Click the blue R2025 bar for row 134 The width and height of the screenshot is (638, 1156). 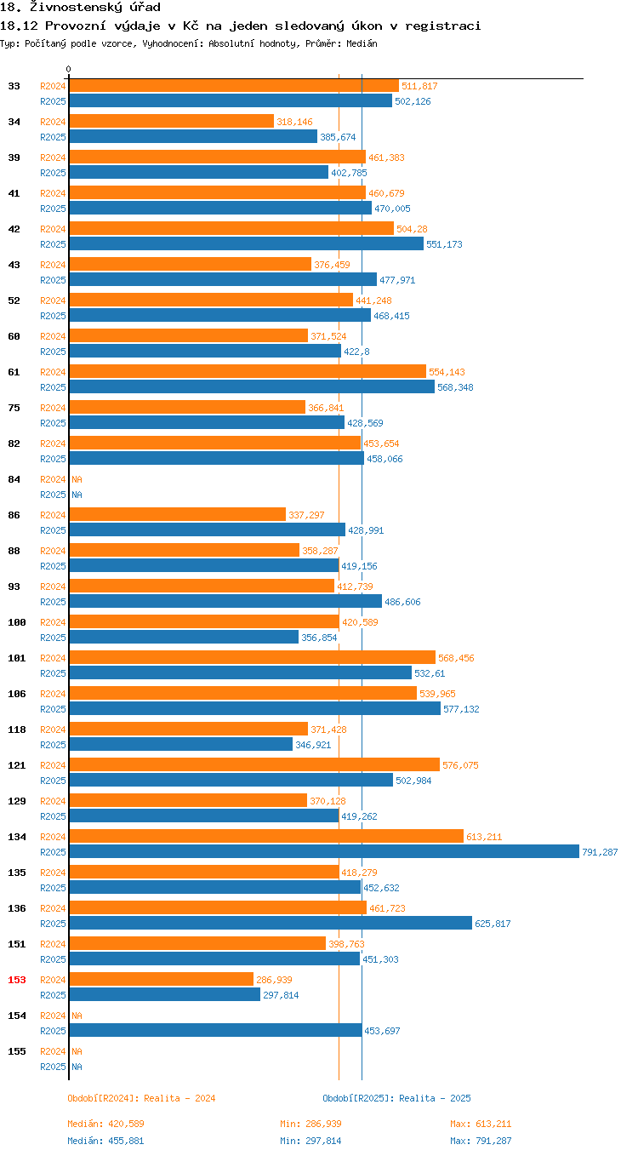point(323,851)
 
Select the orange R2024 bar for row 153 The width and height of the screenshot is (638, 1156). point(161,979)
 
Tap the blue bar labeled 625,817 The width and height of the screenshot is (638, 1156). point(270,923)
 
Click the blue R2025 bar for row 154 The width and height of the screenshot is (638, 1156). point(214,1030)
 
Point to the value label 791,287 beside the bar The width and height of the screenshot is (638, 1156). point(600,852)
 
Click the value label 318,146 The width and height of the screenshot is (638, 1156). point(294,122)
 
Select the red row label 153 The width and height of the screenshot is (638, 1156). point(17,980)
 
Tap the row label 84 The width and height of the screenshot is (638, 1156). point(14,479)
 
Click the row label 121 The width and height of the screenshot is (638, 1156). point(17,765)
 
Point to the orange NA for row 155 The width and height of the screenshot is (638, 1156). point(77,1051)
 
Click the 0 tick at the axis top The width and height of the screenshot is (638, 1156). point(69,69)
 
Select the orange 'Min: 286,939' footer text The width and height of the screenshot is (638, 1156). point(310,1124)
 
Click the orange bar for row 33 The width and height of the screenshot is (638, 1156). point(233,85)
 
